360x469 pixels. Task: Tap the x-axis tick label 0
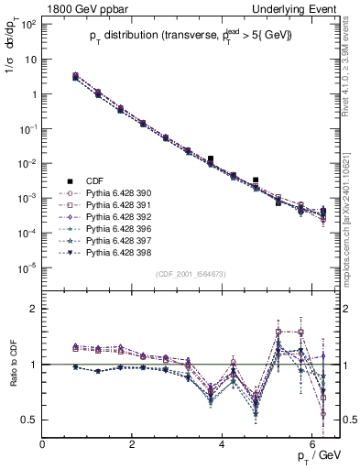point(42,444)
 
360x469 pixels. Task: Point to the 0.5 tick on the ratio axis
point(29,420)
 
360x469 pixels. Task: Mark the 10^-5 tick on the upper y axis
point(27,267)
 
